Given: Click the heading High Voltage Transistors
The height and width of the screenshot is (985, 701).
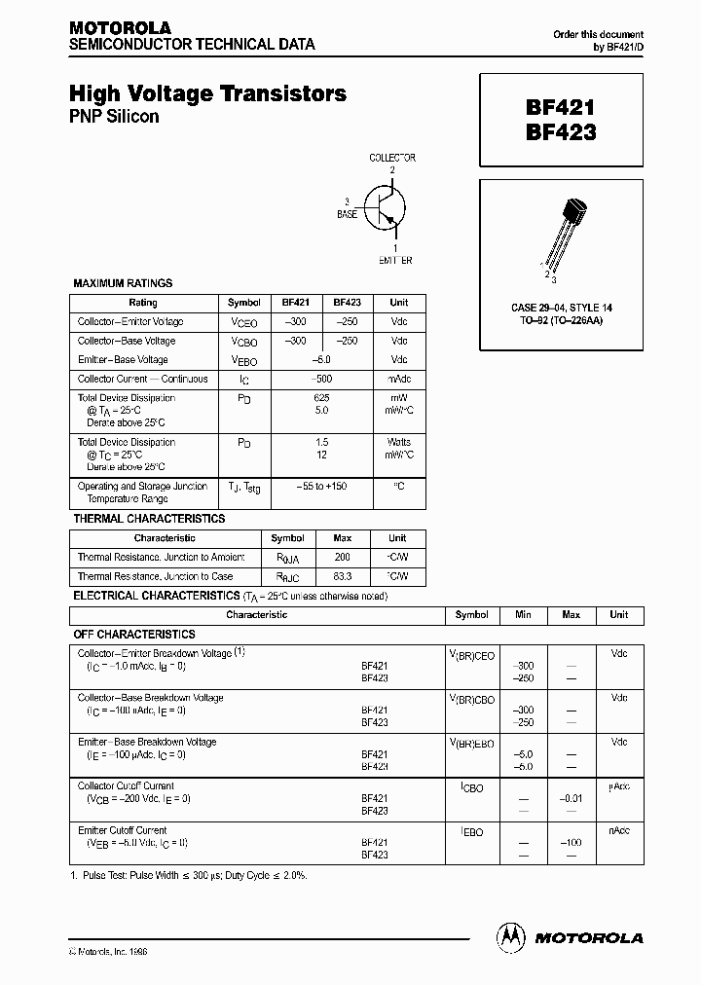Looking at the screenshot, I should point(207,94).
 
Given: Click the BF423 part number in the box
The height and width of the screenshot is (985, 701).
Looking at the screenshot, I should point(560,132).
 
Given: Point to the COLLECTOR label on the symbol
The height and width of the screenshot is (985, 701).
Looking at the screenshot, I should point(392,158).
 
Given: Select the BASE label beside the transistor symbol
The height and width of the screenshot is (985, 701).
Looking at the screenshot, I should point(347,213).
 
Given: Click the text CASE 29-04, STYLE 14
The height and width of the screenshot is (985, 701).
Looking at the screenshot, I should point(560,309).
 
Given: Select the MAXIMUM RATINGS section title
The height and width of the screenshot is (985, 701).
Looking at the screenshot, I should point(123,283).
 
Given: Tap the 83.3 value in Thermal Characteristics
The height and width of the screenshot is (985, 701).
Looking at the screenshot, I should point(342,577).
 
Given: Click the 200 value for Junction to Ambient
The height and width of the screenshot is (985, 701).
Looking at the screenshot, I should point(342,558).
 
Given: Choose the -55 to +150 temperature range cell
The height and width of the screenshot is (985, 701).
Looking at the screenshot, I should point(320,487).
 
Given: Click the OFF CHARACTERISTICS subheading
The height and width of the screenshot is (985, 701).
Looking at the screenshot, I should point(134,634).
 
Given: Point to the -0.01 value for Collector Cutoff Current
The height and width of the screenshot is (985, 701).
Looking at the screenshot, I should point(571,799).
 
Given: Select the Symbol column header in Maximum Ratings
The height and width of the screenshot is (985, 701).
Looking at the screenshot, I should point(243,303).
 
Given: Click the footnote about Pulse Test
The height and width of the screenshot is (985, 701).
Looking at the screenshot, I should point(188,876).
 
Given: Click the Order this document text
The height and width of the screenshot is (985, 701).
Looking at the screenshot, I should point(598,35).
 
